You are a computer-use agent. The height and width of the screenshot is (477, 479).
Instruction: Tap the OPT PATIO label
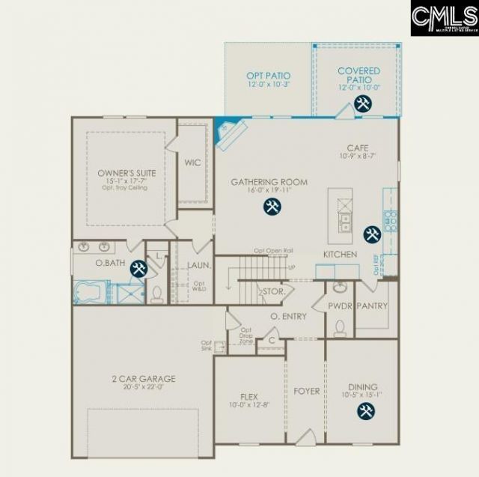tap(269, 76)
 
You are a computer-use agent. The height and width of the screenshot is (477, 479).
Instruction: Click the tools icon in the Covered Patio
tap(363, 103)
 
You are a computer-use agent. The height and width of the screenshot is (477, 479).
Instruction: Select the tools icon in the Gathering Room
tap(269, 207)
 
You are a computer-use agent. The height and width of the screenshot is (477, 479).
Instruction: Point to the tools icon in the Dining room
tap(366, 410)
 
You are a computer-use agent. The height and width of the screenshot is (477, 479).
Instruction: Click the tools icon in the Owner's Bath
tap(138, 267)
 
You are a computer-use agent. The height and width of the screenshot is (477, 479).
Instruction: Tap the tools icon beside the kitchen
tap(371, 234)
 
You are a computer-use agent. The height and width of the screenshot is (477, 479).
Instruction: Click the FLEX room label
tap(249, 396)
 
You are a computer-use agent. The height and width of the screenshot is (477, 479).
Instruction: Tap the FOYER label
tap(305, 391)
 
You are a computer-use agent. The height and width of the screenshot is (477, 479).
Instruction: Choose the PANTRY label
tap(371, 306)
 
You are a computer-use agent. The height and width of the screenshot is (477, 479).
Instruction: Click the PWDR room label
tap(339, 306)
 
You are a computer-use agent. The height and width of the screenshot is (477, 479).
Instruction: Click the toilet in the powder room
tap(340, 328)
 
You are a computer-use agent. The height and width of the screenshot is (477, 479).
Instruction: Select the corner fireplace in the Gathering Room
tap(228, 133)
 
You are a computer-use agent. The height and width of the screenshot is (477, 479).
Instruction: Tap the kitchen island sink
tap(344, 222)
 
